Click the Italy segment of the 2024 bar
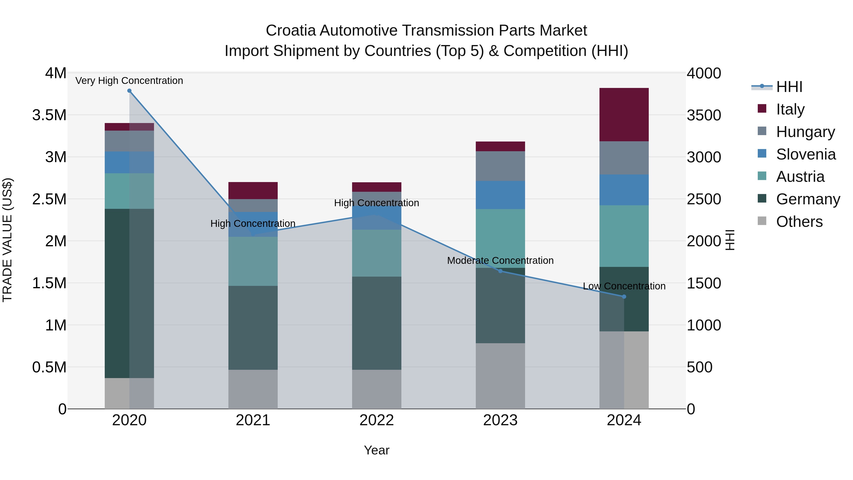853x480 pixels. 624,115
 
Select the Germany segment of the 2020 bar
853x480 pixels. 129,293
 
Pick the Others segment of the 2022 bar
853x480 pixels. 377,389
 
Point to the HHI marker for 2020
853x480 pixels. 129,91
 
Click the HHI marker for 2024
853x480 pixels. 624,297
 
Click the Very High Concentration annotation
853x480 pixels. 129,81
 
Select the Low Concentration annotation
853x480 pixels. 624,286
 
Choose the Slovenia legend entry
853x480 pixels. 805,154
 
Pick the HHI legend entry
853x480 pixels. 789,87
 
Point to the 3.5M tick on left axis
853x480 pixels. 49,115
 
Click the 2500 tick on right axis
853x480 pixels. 703,199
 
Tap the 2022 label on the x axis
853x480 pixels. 377,420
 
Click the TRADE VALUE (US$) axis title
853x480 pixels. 7,240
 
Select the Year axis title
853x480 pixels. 377,450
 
